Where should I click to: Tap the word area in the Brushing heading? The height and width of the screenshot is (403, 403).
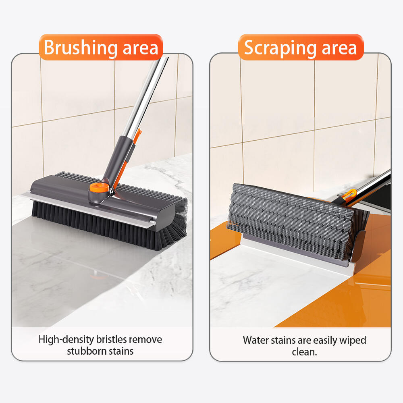pos(140,49)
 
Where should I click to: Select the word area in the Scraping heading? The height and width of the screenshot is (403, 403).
pos(339,49)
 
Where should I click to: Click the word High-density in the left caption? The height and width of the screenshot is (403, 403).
pos(66,340)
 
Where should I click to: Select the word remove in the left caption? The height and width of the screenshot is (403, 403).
pos(145,340)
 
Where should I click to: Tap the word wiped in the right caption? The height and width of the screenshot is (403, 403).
pos(353,341)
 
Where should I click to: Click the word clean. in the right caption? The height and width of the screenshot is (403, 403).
pos(304,352)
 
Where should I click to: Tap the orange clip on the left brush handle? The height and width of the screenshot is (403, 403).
pos(137,136)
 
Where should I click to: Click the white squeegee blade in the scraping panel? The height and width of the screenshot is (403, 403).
pos(295,254)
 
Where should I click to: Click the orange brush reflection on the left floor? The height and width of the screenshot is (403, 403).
pos(98,276)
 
